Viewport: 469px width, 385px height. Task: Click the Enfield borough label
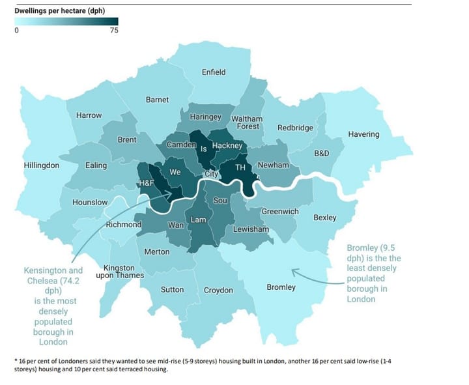214,72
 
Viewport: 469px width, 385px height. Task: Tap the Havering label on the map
363,134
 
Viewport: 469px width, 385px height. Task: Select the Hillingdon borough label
42,165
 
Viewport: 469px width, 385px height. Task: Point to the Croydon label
218,290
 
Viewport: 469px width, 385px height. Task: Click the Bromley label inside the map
281,287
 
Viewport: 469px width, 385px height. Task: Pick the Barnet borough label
157,100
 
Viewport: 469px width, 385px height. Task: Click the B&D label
322,154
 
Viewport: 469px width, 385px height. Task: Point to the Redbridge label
295,128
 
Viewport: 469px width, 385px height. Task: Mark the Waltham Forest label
247,122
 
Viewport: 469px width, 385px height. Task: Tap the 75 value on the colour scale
113,31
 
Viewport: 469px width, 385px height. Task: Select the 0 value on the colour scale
16,31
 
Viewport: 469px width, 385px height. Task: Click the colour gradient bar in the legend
65,21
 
